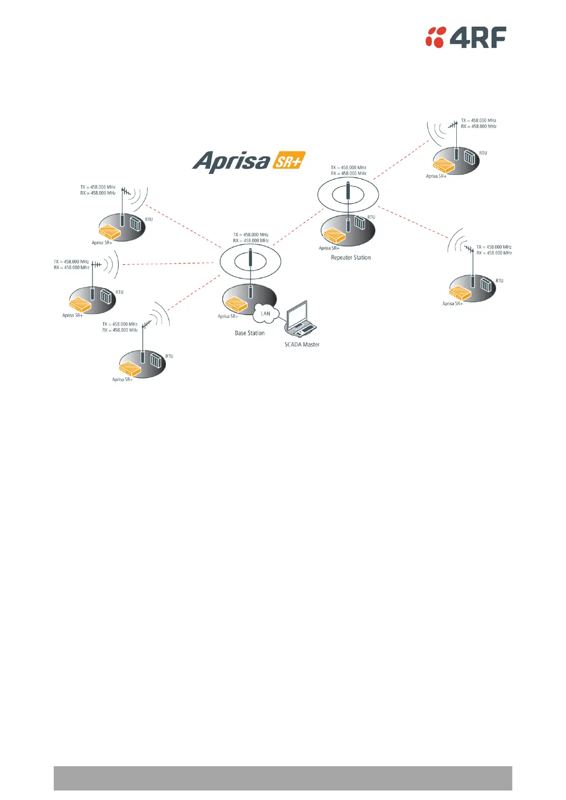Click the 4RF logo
(465, 37)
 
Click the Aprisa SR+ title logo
(249, 162)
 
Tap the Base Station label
(249, 333)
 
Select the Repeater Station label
(351, 258)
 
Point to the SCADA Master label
(302, 345)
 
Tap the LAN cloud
(265, 314)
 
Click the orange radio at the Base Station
(236, 304)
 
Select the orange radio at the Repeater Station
(334, 235)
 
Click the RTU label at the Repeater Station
(371, 217)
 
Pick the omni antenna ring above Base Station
(250, 261)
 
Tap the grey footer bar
(283, 778)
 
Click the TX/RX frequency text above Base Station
(251, 238)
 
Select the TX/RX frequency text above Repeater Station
(349, 171)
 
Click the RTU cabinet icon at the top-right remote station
(469, 157)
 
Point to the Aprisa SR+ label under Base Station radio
(228, 317)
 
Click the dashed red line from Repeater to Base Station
(297, 227)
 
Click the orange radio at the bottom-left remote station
(130, 368)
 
